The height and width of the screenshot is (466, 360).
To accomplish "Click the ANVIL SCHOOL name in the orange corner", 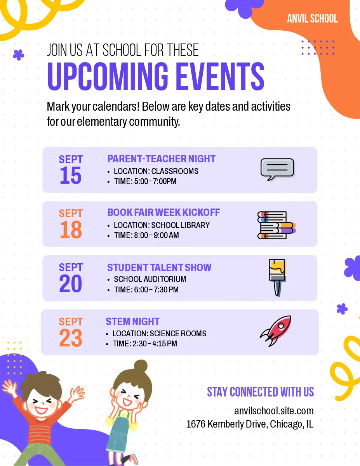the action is [x=312, y=18].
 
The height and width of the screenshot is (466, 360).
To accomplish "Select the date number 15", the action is [x=71, y=176].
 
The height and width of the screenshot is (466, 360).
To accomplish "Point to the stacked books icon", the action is [x=277, y=225].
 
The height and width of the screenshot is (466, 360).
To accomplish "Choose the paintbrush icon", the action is [x=277, y=278].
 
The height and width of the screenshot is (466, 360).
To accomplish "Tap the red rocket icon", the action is [x=275, y=331].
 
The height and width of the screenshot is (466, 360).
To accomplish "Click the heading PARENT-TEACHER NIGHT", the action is [x=161, y=159].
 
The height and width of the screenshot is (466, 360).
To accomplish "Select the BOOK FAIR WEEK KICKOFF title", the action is [x=163, y=212].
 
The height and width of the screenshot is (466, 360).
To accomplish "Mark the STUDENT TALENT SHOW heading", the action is [x=159, y=268].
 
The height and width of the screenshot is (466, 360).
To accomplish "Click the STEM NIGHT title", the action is [x=132, y=322].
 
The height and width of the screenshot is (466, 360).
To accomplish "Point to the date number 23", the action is [x=71, y=338].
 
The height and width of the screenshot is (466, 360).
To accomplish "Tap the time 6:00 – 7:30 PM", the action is [x=156, y=290].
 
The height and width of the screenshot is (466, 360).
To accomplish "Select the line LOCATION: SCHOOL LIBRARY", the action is [x=162, y=225].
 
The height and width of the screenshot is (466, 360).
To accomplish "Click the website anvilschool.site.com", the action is [x=274, y=411].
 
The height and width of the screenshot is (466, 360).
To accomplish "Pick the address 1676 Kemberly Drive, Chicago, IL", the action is [x=250, y=424].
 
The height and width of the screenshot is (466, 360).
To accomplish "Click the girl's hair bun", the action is [x=141, y=366].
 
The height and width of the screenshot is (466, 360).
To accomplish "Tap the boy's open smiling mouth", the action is [x=41, y=410].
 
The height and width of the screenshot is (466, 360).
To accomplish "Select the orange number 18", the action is [x=71, y=230].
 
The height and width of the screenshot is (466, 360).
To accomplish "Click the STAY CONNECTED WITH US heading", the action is [x=260, y=392].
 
